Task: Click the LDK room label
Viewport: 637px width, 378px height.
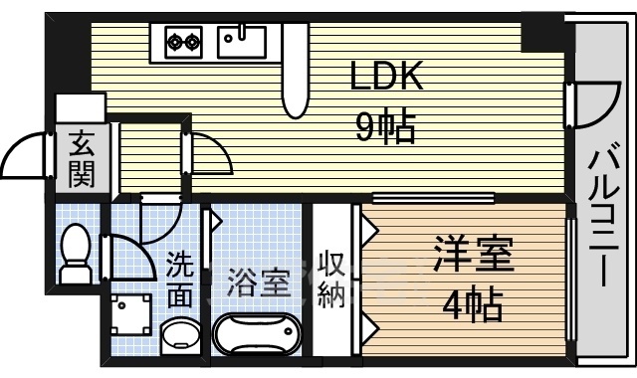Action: [x=386, y=77]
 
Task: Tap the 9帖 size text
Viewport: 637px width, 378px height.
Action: [x=386, y=126]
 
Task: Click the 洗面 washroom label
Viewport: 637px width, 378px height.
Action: [x=180, y=280]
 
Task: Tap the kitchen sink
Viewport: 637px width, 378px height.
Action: [x=242, y=41]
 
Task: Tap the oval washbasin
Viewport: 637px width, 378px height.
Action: [x=179, y=335]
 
